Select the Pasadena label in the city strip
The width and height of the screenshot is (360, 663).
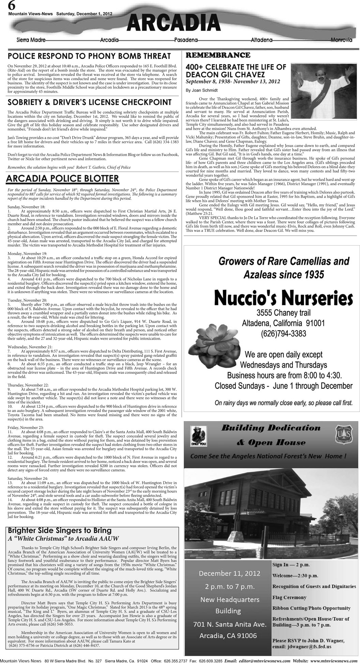186,40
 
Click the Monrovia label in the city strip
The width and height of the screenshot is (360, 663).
341,40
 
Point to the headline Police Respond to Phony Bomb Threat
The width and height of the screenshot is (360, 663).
89,56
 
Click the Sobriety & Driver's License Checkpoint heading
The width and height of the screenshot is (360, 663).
90,102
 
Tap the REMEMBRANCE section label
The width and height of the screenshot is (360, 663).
217,55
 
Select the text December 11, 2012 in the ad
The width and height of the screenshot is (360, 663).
227,573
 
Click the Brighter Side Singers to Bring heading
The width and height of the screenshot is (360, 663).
60,531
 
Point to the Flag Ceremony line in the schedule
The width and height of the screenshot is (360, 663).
289,598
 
